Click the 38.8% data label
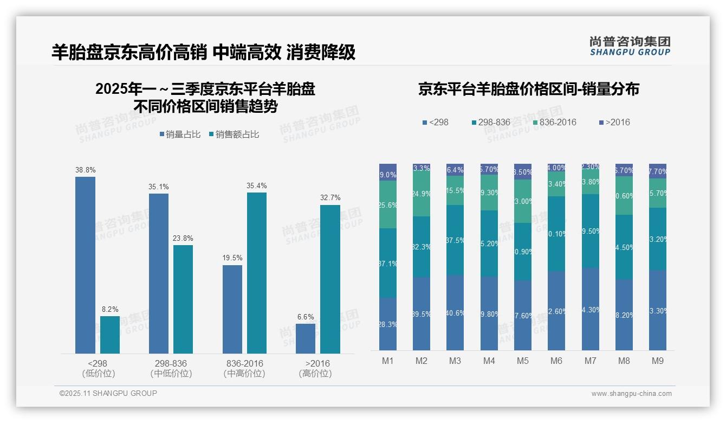(x=85, y=169)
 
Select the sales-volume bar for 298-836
(x=158, y=273)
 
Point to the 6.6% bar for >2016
(x=306, y=338)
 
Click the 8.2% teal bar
(x=110, y=335)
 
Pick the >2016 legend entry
(x=614, y=122)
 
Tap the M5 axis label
(x=522, y=361)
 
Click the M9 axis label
(x=657, y=361)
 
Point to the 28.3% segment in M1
(x=388, y=324)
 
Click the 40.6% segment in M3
(x=455, y=312)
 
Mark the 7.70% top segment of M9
(x=657, y=171)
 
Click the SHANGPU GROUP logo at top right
(x=630, y=46)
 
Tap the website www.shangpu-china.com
(x=631, y=394)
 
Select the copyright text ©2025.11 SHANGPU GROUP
(x=108, y=393)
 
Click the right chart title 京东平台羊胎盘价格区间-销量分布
(x=528, y=89)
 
